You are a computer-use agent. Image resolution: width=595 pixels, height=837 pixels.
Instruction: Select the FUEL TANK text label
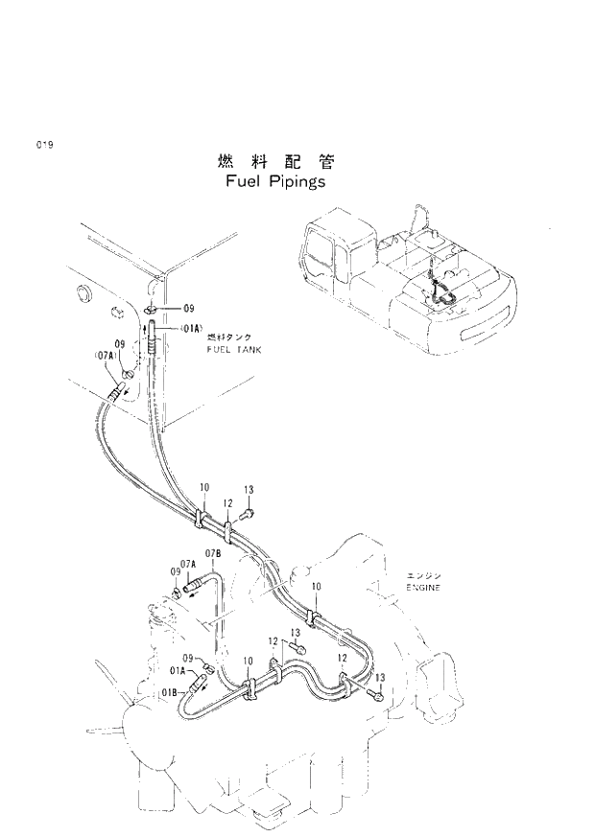click(x=234, y=350)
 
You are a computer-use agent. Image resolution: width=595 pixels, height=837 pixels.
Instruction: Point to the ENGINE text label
click(x=421, y=587)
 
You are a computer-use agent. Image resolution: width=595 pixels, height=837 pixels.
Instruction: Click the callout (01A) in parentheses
click(x=191, y=329)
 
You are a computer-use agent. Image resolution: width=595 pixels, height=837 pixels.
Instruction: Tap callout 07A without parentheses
click(x=187, y=564)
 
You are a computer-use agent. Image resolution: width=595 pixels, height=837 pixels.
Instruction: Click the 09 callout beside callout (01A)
click(x=189, y=309)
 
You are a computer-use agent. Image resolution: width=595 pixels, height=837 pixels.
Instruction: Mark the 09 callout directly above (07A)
click(x=120, y=343)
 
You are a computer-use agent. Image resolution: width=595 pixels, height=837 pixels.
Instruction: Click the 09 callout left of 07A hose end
click(x=176, y=572)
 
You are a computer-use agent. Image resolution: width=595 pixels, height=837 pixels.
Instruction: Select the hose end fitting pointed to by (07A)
click(x=120, y=389)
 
